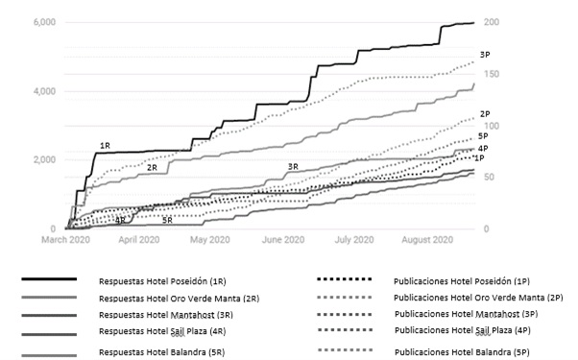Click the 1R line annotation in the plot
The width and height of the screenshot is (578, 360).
tap(106, 146)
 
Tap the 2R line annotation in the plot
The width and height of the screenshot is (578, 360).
tap(152, 167)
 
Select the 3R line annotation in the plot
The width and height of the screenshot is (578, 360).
tap(293, 167)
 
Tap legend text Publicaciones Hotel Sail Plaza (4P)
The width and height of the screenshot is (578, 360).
tap(465, 332)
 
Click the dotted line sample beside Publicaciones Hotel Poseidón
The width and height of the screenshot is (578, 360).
tap(344, 280)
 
